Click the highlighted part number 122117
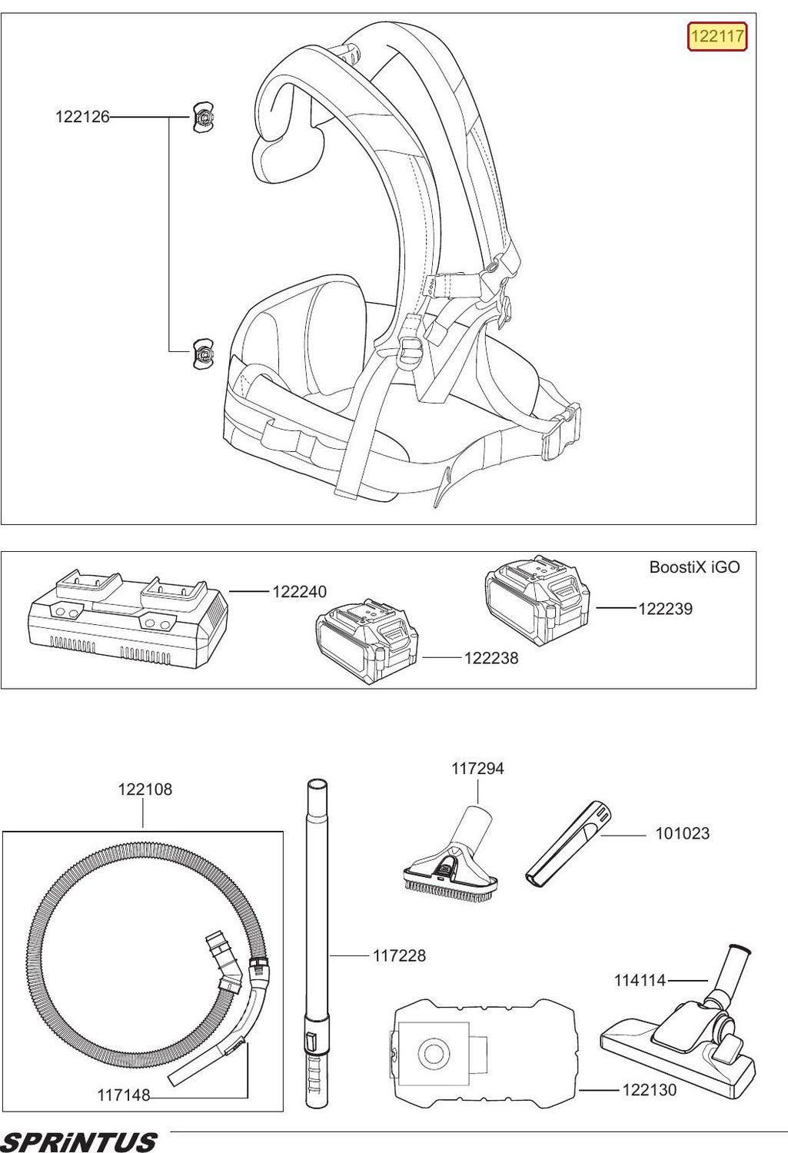(717, 37)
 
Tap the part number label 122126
(82, 118)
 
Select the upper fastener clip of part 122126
(204, 118)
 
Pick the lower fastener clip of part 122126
(203, 354)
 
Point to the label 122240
(300, 592)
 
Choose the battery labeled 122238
(368, 641)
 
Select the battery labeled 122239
(540, 600)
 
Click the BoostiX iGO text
(694, 567)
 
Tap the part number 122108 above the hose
(145, 789)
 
